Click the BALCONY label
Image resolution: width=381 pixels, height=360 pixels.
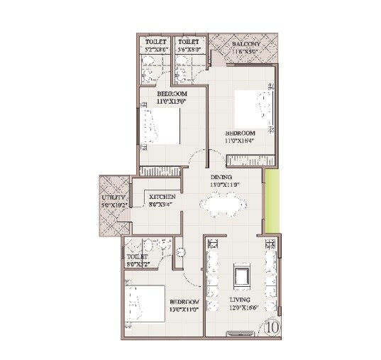click(x=245, y=44)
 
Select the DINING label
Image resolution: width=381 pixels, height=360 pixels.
click(x=221, y=177)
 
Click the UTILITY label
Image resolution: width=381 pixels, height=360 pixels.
click(x=112, y=197)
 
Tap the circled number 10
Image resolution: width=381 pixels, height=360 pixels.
click(x=272, y=327)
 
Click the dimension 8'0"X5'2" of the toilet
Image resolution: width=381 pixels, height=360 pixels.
click(x=138, y=264)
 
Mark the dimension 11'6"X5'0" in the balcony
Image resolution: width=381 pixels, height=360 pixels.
click(x=245, y=52)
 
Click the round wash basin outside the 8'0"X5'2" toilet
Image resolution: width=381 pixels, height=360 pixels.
click(x=181, y=251)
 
